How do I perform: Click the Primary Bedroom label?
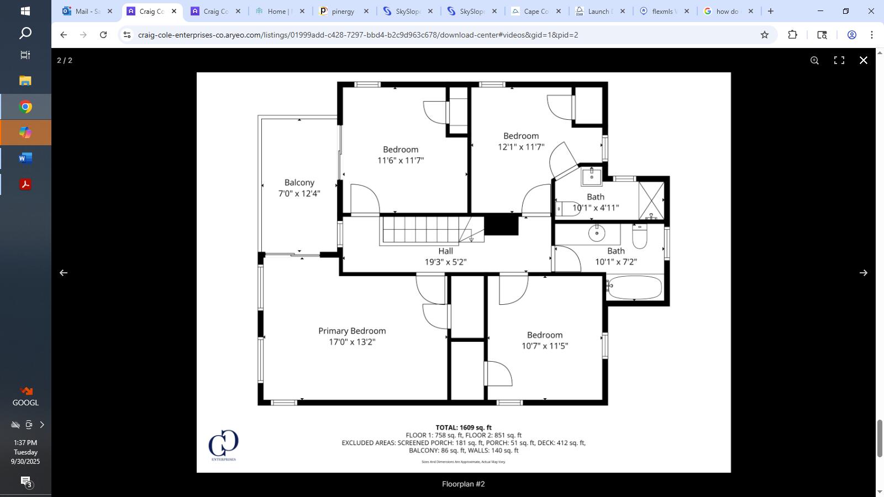pos(352,331)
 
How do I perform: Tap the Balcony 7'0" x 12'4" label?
pos(299,188)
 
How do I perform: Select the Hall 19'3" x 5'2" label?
pos(445,257)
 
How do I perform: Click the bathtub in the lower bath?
pos(634,287)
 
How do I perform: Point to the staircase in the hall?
pos(425,229)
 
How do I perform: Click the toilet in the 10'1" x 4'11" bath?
pos(567,209)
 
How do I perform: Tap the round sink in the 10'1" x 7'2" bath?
pos(596,233)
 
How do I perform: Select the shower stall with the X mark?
pos(651,199)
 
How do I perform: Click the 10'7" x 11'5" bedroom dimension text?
pos(545,346)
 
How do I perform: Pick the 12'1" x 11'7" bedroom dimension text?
pos(521,147)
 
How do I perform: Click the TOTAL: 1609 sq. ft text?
pos(463,427)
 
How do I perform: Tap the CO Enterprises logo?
pos(223,445)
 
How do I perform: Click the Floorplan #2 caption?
pos(463,484)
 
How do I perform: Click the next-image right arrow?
pos(863,273)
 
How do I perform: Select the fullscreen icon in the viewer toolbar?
pos(839,60)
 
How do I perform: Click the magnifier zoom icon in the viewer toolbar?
pos(814,60)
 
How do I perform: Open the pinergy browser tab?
pos(343,11)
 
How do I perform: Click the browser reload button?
pos(103,35)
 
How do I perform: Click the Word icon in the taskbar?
pos(25,158)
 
